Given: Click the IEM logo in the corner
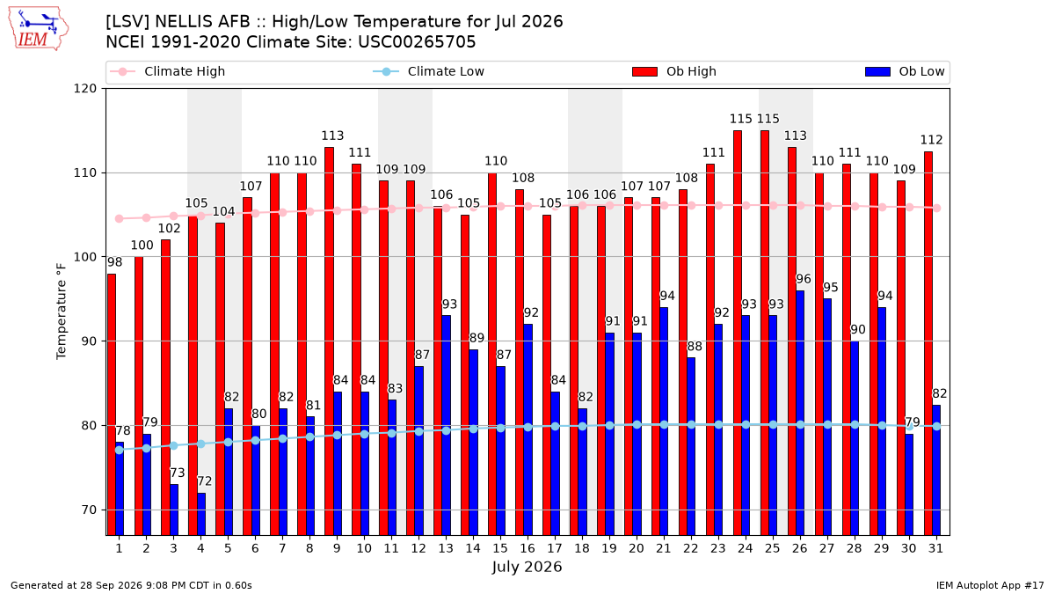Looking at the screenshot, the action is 38,29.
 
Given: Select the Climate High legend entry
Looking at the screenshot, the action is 167,71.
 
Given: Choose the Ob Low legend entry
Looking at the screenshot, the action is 905,71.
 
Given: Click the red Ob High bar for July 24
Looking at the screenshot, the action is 738,333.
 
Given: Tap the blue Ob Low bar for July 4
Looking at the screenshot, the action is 201,514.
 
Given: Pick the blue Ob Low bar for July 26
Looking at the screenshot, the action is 800,413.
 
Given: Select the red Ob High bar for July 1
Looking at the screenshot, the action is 112,405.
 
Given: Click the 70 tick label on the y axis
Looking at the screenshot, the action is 89,510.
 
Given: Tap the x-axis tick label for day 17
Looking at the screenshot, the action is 555,548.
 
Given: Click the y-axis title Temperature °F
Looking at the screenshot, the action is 62,312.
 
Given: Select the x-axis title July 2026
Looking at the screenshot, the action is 527,567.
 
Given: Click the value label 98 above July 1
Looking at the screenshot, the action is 114,262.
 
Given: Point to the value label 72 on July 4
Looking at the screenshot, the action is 204,481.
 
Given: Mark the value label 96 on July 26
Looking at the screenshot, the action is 804,279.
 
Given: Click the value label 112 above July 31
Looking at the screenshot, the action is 932,140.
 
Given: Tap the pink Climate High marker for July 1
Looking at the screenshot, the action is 120,219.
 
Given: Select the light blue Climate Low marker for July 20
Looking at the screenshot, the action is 637,425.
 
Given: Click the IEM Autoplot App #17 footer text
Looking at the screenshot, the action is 990,585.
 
